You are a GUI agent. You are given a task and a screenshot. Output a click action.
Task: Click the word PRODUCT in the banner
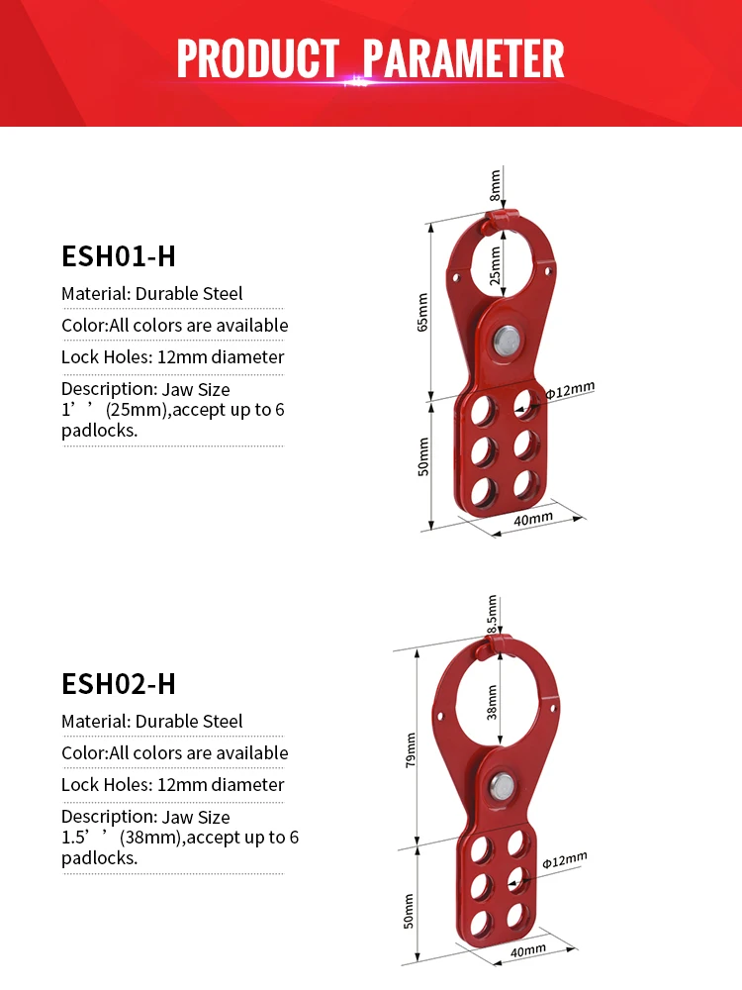click(x=256, y=58)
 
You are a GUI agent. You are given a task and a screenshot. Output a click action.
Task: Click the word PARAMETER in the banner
click(x=463, y=58)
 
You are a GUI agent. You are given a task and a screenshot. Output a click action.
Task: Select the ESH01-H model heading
click(x=119, y=256)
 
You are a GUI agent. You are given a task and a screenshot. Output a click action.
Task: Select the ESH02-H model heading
click(x=119, y=684)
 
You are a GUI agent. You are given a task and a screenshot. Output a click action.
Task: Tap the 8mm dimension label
click(x=495, y=184)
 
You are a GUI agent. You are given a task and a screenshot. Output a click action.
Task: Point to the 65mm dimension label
click(x=422, y=312)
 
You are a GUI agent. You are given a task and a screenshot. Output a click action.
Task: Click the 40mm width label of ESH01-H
click(x=533, y=519)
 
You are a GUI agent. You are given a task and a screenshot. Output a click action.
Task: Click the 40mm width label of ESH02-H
click(x=527, y=949)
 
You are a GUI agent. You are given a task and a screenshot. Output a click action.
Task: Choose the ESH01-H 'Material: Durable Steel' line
click(x=151, y=294)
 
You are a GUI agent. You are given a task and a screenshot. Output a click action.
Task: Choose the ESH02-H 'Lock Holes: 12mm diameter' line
click(x=172, y=785)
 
